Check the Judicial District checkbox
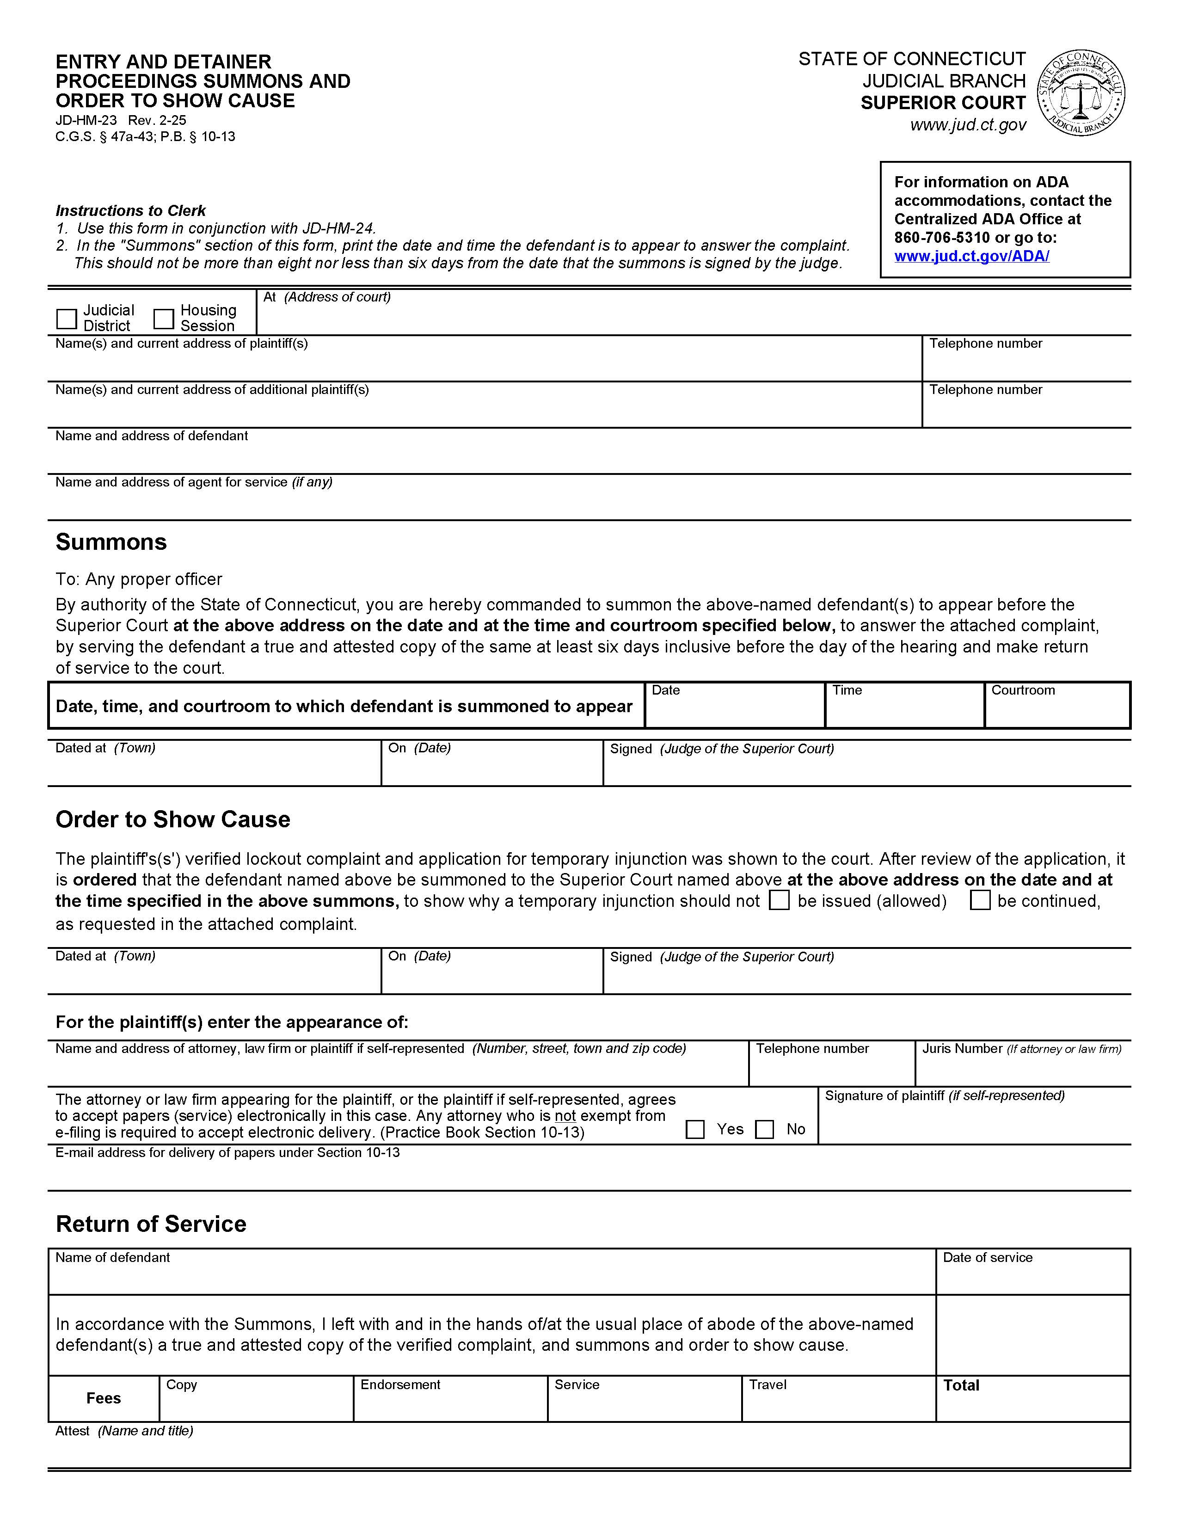point(67,320)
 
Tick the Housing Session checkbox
point(163,320)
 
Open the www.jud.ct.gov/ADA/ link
point(971,256)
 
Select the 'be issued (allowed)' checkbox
point(780,900)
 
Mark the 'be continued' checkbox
point(980,900)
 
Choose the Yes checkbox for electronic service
point(695,1129)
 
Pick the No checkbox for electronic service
point(765,1129)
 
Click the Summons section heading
point(111,542)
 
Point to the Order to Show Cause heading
point(172,819)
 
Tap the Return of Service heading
point(151,1224)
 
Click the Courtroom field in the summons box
point(1057,711)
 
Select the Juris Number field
point(1023,1070)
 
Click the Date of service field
point(1032,1277)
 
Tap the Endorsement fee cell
point(450,1404)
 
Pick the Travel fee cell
point(838,1404)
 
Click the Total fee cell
point(1032,1404)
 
